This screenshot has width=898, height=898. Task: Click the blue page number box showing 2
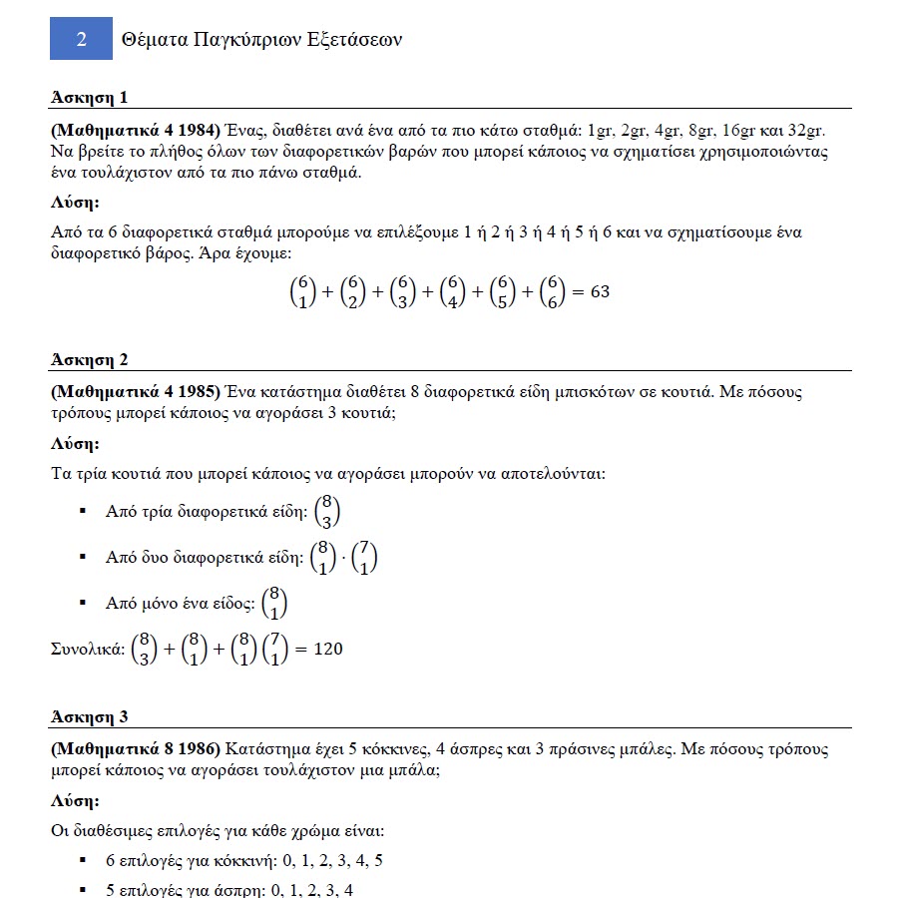tap(81, 39)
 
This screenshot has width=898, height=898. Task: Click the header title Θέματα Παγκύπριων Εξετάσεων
tap(260, 40)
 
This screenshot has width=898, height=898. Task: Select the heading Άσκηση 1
tap(89, 97)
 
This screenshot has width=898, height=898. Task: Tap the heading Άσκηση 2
tap(89, 360)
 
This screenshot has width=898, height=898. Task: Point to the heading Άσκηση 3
tap(89, 717)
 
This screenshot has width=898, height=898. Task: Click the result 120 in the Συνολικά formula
tap(328, 650)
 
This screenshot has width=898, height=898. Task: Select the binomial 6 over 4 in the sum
tap(455, 292)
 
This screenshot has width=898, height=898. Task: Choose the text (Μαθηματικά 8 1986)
tap(135, 748)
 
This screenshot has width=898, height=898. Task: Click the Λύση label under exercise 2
tap(75, 444)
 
